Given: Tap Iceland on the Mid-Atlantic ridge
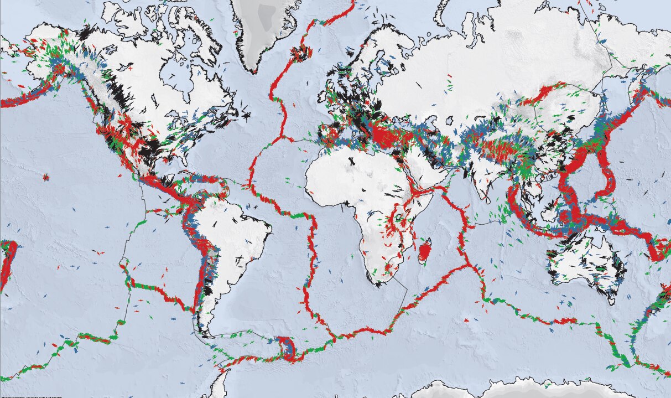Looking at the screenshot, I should point(301,54).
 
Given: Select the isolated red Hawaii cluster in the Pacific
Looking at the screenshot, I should point(46,178).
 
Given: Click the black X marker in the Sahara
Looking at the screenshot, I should point(352,161).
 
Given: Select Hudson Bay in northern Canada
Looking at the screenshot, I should point(183,83).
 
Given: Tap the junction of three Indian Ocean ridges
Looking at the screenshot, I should point(473,266).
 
